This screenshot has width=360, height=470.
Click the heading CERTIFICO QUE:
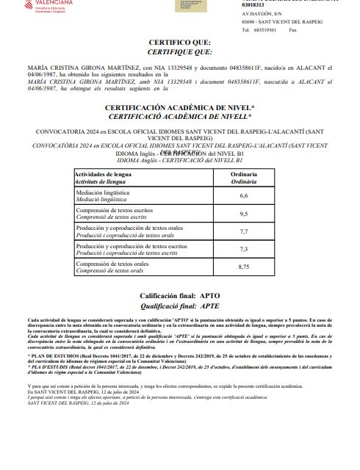click(x=179, y=43)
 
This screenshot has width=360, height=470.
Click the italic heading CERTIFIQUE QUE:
click(x=179, y=52)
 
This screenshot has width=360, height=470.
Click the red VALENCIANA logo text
click(x=32, y=4)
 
